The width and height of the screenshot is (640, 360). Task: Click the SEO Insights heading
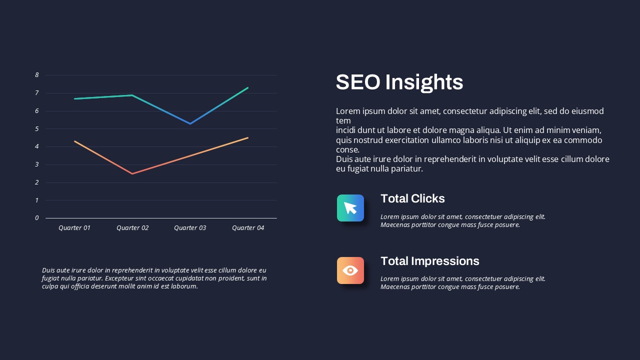[399, 82]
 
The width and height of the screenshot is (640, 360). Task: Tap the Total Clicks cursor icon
[350, 208]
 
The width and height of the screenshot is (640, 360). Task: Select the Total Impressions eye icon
[350, 270]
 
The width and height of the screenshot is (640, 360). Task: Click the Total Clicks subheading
[412, 198]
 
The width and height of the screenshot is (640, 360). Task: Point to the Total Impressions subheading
[429, 261]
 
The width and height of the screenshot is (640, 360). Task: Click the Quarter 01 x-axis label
[74, 227]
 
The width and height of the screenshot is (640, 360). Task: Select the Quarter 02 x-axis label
[132, 227]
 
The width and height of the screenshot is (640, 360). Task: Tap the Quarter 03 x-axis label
[190, 227]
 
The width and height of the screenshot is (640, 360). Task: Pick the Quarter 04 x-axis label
[248, 227]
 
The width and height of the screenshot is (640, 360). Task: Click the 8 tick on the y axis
[37, 75]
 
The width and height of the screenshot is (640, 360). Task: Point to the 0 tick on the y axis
[37, 218]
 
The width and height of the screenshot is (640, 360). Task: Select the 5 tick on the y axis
[37, 129]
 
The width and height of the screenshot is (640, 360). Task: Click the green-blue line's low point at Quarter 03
[190, 123]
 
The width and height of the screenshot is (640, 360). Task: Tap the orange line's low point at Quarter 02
[132, 173]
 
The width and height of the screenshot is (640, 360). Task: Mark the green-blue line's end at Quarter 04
[247, 88]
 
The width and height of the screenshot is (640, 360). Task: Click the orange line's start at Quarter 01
[74, 141]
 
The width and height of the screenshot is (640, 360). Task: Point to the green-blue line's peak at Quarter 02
[132, 95]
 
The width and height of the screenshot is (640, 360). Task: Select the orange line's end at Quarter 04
[247, 137]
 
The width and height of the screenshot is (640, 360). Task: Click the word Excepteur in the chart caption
[118, 278]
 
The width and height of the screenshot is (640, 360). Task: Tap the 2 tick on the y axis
[37, 182]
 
